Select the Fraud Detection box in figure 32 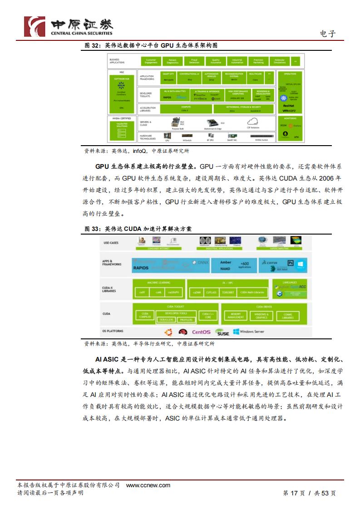(194, 61)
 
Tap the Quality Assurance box (216, 61)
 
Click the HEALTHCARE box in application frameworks (255, 75)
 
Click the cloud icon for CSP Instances (252, 121)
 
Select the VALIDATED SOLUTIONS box (122, 124)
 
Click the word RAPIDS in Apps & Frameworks (141, 268)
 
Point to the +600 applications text (244, 264)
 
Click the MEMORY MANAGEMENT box (236, 316)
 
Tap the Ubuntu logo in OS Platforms (168, 332)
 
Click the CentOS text (201, 332)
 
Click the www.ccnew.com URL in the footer (148, 485)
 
